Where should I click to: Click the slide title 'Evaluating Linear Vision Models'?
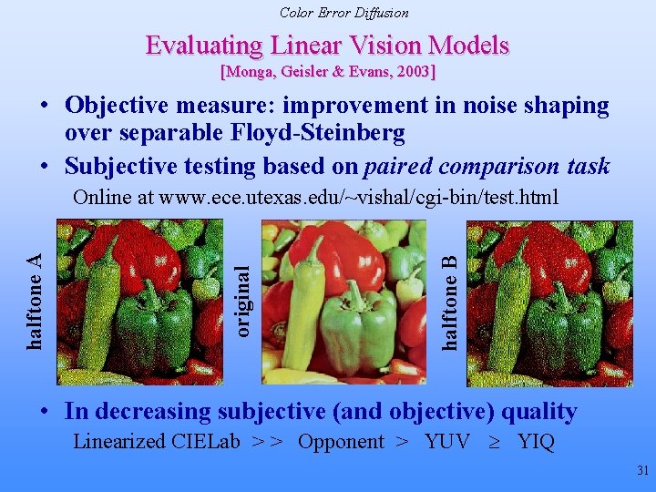click(327, 46)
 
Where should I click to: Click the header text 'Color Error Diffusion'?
click(343, 13)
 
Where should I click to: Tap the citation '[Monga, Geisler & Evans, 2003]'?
click(328, 71)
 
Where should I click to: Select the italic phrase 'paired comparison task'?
click(487, 166)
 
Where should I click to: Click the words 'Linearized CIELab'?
click(156, 442)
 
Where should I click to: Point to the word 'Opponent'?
click(341, 442)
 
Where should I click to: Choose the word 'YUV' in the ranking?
click(446, 442)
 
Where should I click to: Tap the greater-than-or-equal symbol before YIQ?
click(496, 443)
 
